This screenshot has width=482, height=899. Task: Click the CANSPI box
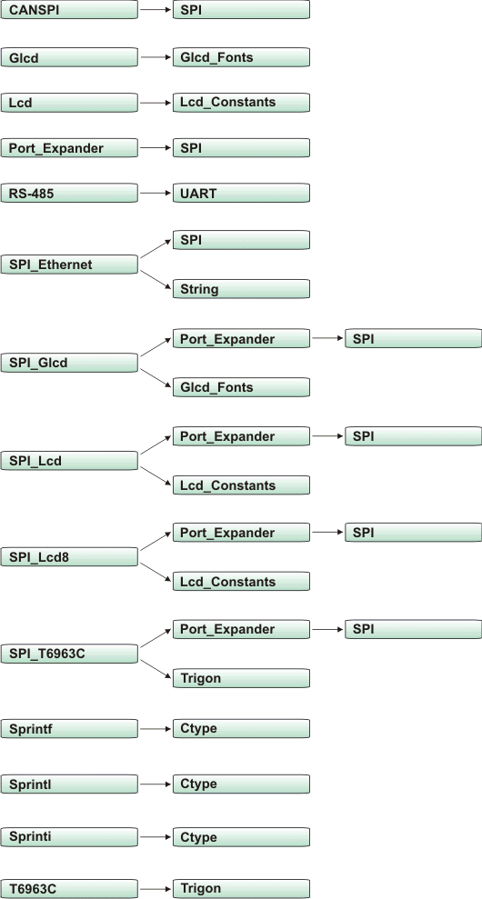pos(70,10)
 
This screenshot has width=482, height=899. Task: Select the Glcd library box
pos(70,57)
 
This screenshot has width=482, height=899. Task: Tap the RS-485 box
pos(70,193)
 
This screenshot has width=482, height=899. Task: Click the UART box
pos(241,193)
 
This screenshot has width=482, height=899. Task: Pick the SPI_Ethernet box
pos(70,265)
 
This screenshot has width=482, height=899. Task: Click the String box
pos(241,290)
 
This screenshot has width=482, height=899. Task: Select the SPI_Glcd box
pos(70,363)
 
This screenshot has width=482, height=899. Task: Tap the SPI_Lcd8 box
pos(70,556)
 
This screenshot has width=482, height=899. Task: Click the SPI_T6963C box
pos(70,654)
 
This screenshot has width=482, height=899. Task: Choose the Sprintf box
pos(70,729)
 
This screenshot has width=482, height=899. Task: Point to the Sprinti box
pos(70,835)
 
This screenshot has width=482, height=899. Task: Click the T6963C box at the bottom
pos(70,888)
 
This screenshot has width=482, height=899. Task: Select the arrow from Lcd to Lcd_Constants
pos(156,103)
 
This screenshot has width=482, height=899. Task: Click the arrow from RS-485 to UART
pos(156,193)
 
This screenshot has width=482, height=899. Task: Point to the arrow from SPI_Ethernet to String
pos(156,277)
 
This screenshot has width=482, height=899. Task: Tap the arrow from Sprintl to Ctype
pos(156,783)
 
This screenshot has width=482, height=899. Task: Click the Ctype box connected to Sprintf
pos(241,729)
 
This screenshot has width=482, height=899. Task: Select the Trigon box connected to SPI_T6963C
pos(241,678)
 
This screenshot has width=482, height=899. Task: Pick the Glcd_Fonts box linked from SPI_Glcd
pos(241,387)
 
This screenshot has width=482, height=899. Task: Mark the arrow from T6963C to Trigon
pos(156,888)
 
